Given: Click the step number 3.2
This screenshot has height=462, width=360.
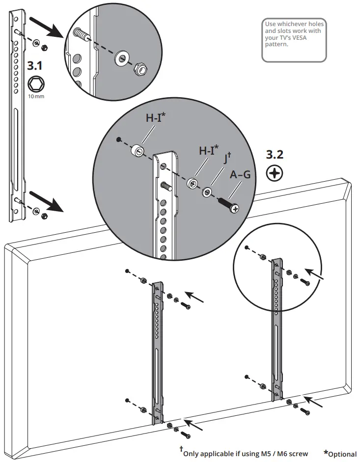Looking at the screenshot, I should click(275, 155).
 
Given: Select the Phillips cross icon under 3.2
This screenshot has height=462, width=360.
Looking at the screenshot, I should click(274, 173).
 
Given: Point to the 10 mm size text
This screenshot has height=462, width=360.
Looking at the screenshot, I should click(36, 97).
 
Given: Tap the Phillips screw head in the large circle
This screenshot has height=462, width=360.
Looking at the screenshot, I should click(235, 209).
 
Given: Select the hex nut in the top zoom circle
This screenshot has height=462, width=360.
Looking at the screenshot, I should click(141, 69).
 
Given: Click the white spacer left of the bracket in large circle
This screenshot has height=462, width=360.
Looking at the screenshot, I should click(138, 150).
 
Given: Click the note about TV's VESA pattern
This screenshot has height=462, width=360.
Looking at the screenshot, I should click(294, 34).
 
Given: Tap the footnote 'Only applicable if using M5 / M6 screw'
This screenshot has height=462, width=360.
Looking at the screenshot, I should click(246, 453).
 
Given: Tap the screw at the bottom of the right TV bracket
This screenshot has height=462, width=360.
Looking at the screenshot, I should click(305, 412).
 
